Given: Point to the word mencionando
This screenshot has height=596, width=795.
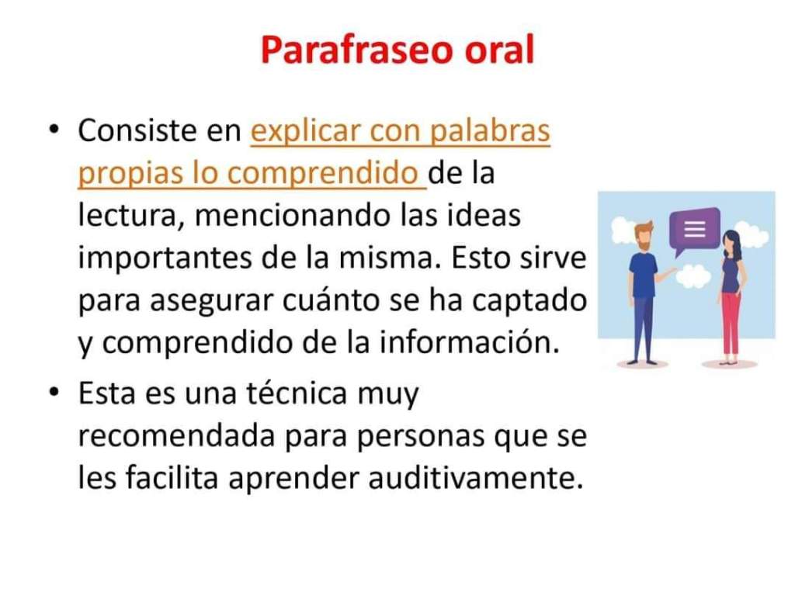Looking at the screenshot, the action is coord(293,216).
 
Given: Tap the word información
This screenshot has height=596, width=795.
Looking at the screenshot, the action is coord(470,342).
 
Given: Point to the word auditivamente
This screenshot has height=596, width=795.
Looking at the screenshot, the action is coord(476,477).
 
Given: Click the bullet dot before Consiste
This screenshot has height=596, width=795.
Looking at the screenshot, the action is coord(54,130).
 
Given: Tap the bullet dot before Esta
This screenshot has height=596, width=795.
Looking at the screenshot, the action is coord(54,392).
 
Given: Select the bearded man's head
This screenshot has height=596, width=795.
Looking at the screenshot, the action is coord(644,235).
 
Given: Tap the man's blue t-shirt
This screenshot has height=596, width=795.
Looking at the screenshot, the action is coord(642,275).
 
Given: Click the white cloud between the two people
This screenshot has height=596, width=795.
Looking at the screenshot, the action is coord(693,277).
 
